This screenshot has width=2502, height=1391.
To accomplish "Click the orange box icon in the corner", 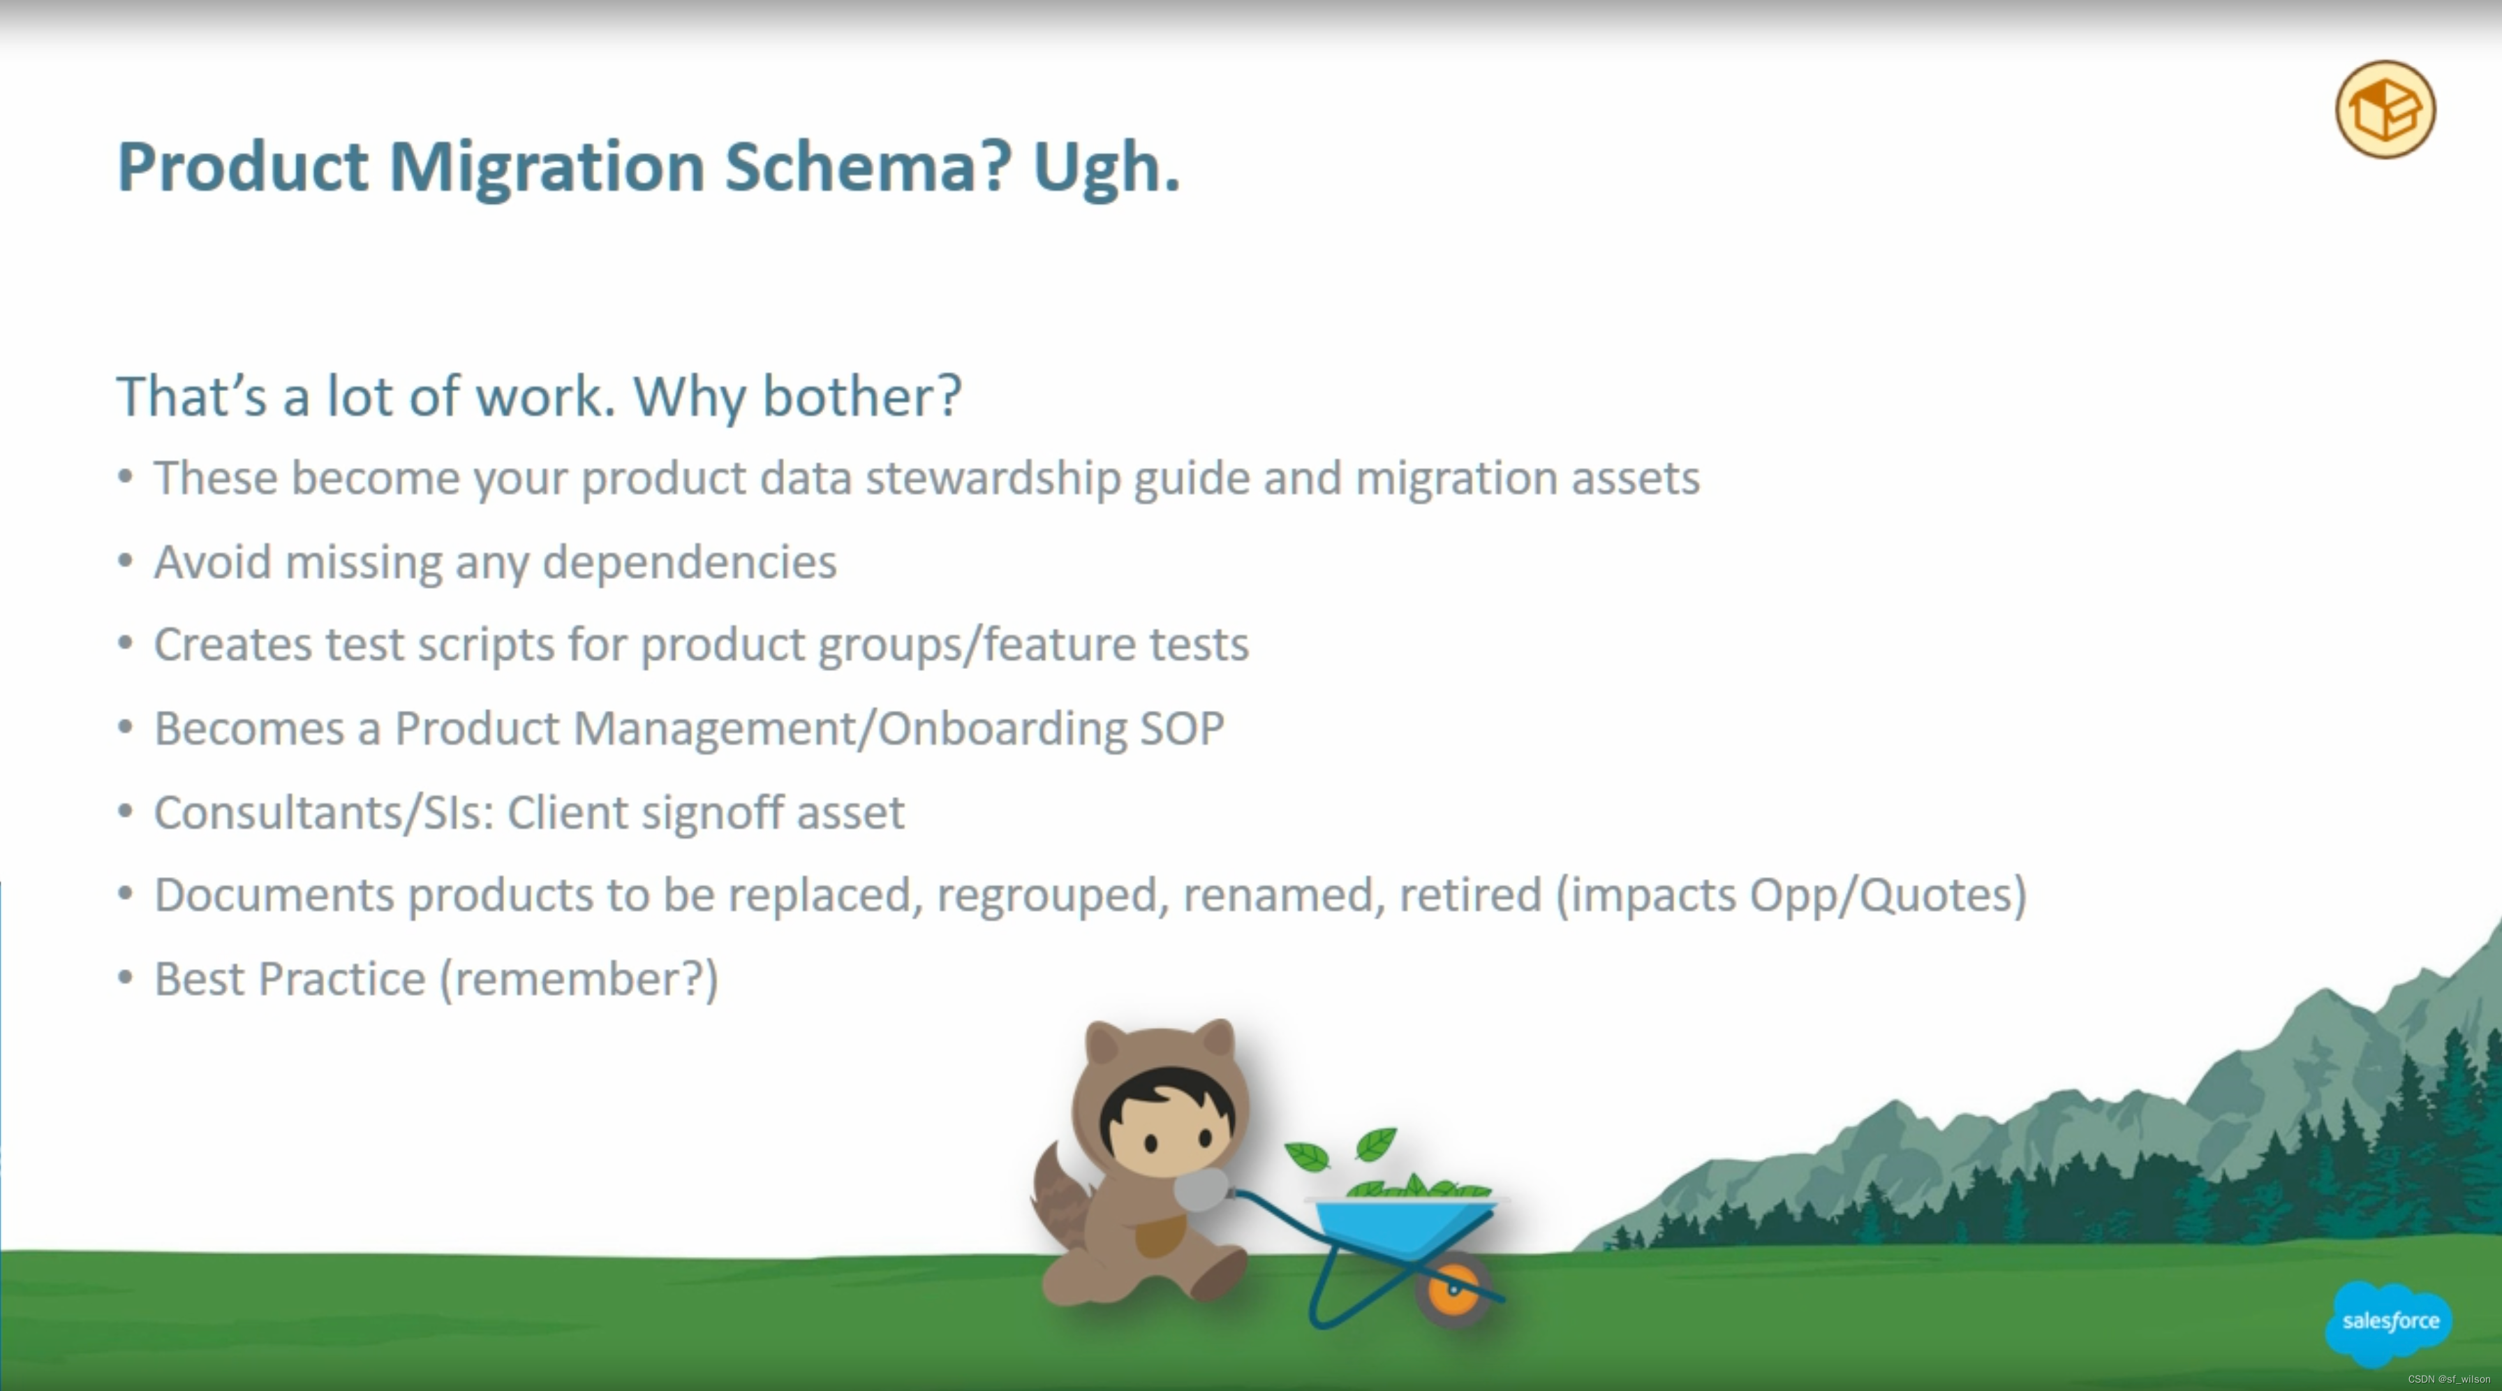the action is tap(2385, 109).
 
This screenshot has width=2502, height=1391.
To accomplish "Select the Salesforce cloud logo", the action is tap(2390, 1322).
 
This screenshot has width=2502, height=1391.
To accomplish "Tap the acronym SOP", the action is tap(1181, 728).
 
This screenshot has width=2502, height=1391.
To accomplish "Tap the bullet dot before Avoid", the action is tap(125, 561).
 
